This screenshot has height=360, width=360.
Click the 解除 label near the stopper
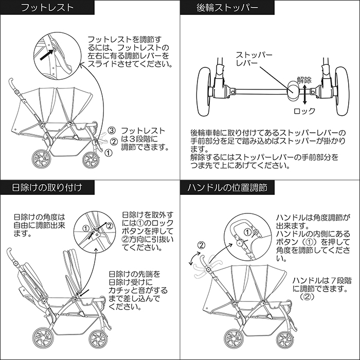(304, 81)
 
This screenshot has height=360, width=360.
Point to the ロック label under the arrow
(304, 111)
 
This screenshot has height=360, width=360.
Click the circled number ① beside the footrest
(107, 153)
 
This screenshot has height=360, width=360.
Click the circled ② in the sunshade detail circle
(109, 225)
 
